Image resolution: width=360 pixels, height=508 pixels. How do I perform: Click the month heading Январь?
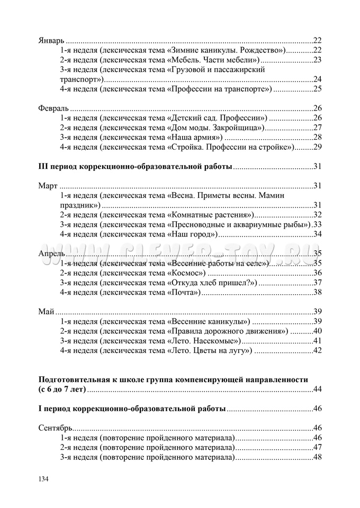pyautogui.click(x=51, y=41)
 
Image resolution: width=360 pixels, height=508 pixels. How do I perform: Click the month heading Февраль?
pyautogui.click(x=54, y=107)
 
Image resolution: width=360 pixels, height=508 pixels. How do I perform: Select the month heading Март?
pyautogui.click(x=48, y=186)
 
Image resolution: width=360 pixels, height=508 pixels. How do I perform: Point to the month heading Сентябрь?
pyautogui.click(x=56, y=428)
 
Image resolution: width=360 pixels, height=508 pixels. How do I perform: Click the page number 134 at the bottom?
pyautogui.click(x=44, y=479)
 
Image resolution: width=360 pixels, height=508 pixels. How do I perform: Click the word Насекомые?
pyautogui.click(x=222, y=340)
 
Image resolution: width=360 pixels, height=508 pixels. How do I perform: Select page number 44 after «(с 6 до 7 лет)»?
pyautogui.click(x=318, y=389)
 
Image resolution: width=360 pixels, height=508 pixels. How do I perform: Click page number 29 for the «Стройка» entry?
pyautogui.click(x=318, y=147)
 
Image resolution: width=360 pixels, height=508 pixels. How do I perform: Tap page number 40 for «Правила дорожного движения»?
pyautogui.click(x=318, y=331)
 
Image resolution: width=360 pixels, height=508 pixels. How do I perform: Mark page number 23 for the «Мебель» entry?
pyautogui.click(x=318, y=60)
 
